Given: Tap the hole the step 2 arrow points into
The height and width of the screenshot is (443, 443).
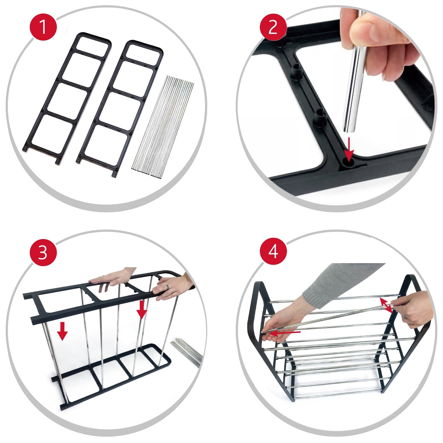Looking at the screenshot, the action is [x=348, y=162].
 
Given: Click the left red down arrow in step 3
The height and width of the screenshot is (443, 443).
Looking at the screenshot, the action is [x=62, y=331].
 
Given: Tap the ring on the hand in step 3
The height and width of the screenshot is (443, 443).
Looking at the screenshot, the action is [x=167, y=287].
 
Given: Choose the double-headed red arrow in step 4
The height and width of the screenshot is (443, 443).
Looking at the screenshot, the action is [x=386, y=305].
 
